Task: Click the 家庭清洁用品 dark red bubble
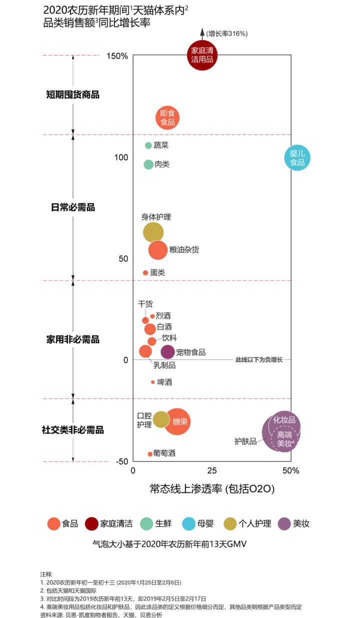pos(202,55)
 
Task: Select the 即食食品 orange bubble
pos(167,117)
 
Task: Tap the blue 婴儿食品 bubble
pos(297,158)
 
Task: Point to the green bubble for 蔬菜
pos(148,145)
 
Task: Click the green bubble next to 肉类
pos(148,164)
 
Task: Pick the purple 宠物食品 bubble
pos(168,352)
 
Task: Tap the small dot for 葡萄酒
pos(150,454)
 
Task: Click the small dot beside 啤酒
pos(153,382)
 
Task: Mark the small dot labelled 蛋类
pos(145,272)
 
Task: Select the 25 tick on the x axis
pos(212,470)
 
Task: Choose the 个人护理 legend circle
pos(230,523)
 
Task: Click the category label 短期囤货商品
pos(72,94)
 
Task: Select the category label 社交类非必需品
pos(72,429)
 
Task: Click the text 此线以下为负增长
pos(259,359)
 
